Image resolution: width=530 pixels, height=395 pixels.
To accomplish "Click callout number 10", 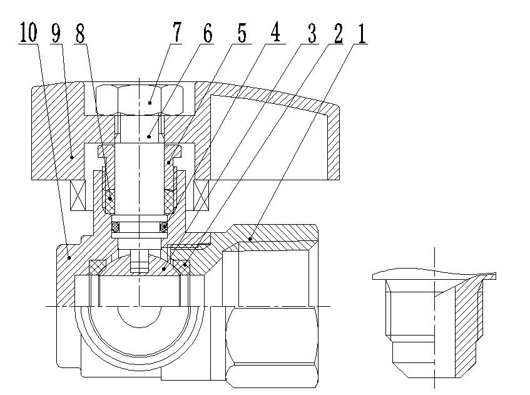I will pos(28,34).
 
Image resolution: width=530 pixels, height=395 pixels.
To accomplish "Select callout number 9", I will pos(56,34).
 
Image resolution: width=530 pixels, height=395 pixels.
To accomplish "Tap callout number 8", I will pos(79,34).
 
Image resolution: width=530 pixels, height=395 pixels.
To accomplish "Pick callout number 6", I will pos(207,34).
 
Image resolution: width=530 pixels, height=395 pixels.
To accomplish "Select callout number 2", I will pos(338,34).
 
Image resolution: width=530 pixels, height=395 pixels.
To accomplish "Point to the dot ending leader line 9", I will pos(73,156).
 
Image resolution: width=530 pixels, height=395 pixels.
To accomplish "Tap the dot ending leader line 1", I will pos(250,239).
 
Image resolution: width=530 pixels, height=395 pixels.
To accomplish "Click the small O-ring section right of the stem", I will pos(165,226).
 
